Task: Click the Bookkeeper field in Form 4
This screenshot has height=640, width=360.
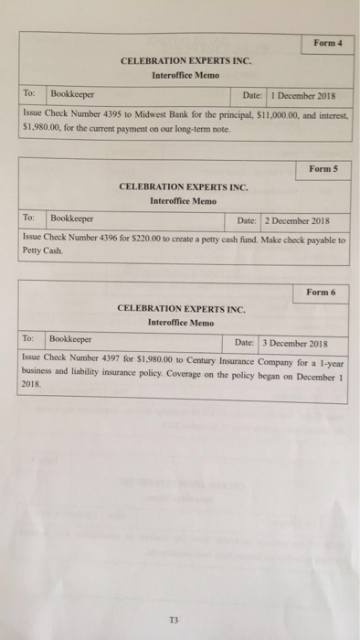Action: click(x=71, y=94)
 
